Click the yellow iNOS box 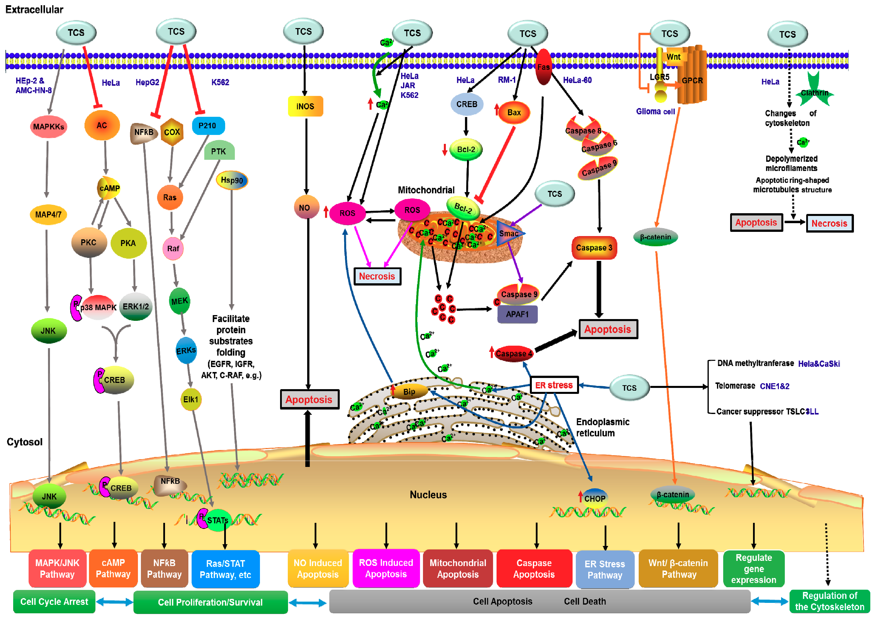click(x=305, y=106)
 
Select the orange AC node click(x=102, y=125)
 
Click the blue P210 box click(x=208, y=126)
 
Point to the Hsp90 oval click(x=232, y=180)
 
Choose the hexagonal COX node click(x=172, y=132)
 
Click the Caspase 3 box click(x=594, y=248)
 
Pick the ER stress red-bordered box click(x=554, y=385)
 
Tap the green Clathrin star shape click(x=814, y=92)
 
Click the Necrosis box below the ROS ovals click(x=377, y=276)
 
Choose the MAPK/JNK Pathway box click(x=57, y=569)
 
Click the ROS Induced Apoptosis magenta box click(x=386, y=569)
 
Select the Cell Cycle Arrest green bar click(x=54, y=602)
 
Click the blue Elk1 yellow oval click(x=190, y=399)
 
